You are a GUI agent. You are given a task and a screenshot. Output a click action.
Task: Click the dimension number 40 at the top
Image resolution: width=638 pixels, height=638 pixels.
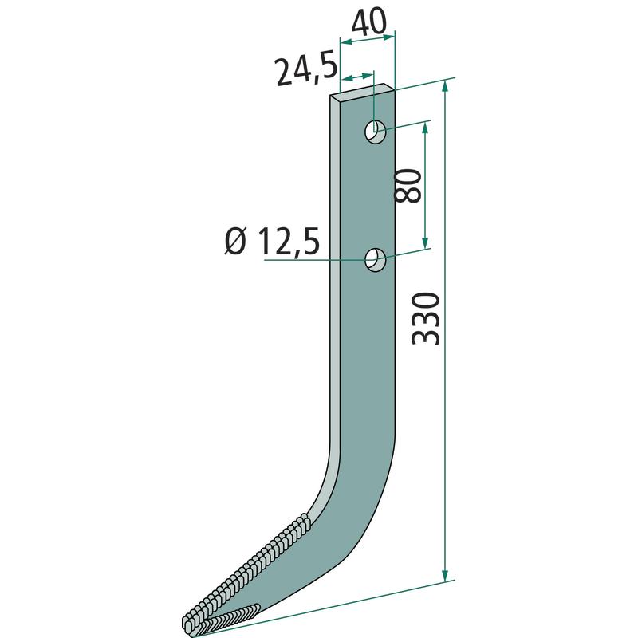click(x=368, y=22)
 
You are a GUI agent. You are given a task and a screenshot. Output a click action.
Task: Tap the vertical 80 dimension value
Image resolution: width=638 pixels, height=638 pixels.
click(x=408, y=186)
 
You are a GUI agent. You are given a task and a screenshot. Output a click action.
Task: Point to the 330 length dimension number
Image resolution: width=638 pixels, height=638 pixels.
click(x=426, y=318)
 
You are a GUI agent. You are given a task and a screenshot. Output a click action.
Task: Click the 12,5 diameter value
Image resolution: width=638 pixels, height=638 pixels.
click(x=288, y=242)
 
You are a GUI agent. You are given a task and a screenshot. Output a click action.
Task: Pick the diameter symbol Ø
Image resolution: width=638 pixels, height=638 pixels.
click(x=235, y=241)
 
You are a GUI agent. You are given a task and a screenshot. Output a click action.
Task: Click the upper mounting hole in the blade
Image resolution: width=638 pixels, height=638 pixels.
click(x=375, y=132)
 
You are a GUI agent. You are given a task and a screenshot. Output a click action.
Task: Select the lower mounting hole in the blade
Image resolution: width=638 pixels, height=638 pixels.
click(x=375, y=259)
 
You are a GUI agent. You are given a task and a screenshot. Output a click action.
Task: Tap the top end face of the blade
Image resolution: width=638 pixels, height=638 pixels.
click(x=362, y=91)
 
